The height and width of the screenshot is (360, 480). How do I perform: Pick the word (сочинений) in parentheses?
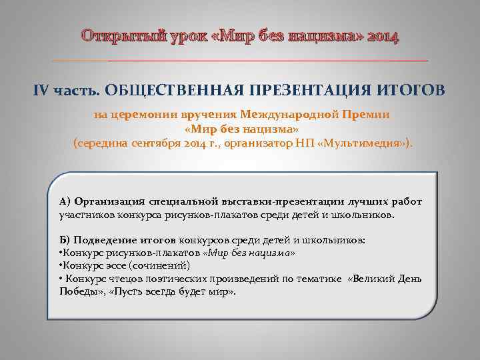[143, 266]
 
